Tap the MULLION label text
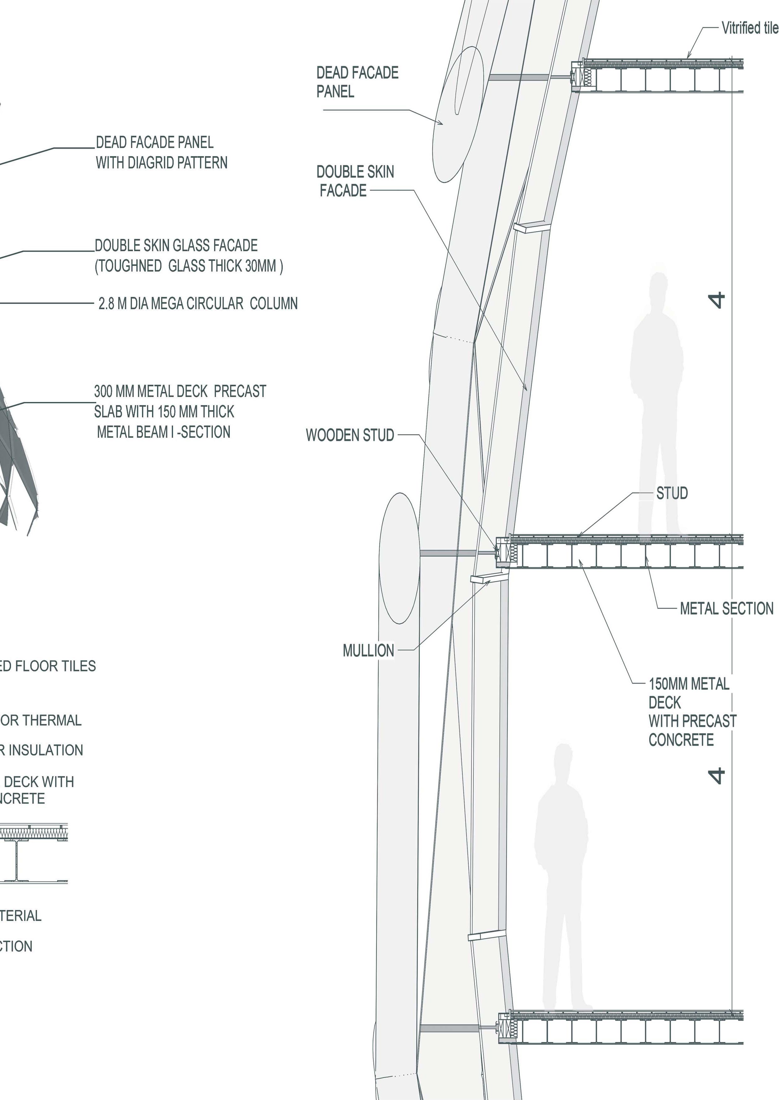(368, 651)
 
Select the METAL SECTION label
(726, 609)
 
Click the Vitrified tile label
(749, 28)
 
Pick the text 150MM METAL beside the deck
(688, 684)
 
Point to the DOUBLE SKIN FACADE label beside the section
(355, 181)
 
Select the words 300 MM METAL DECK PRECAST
(180, 391)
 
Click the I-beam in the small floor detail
(17, 861)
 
